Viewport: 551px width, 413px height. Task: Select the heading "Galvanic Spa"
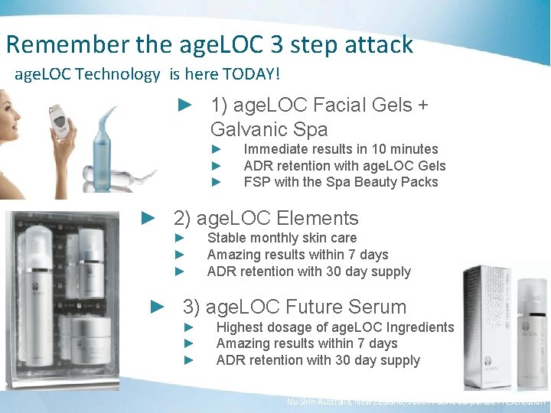(269, 128)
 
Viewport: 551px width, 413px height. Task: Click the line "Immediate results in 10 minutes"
(341, 149)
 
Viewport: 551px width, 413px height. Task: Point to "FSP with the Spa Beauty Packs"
(341, 182)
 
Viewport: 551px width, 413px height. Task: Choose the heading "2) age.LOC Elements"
(266, 218)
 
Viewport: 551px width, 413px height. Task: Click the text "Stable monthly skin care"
(282, 239)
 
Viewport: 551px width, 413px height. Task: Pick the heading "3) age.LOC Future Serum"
(294, 307)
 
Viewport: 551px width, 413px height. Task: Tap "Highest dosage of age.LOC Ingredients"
(335, 327)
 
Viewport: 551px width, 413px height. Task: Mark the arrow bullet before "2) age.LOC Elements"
(149, 218)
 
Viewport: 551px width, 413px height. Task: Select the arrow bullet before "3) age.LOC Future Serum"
(158, 307)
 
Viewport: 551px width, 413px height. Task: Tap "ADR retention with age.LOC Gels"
(344, 166)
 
